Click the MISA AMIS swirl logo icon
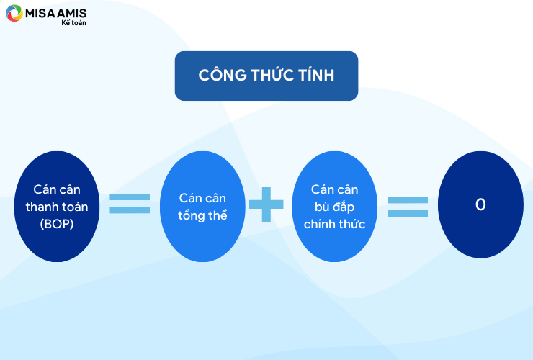coord(14,13)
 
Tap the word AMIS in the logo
coord(72,13)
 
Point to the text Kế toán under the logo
coord(73,23)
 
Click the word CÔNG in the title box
coord(223,75)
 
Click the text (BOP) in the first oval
coord(57,224)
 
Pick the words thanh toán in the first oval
coord(57,207)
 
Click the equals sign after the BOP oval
coord(130,203)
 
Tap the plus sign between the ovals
coord(266,204)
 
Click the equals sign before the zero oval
coord(408,207)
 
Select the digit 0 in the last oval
coord(480,204)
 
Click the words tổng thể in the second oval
coord(202,215)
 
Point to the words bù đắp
coord(334,207)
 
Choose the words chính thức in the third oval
coord(334,224)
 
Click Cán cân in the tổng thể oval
coord(202,198)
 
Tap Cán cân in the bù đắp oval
coord(334,189)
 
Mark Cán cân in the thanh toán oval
coord(57,189)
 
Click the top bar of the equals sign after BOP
coord(130,197)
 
